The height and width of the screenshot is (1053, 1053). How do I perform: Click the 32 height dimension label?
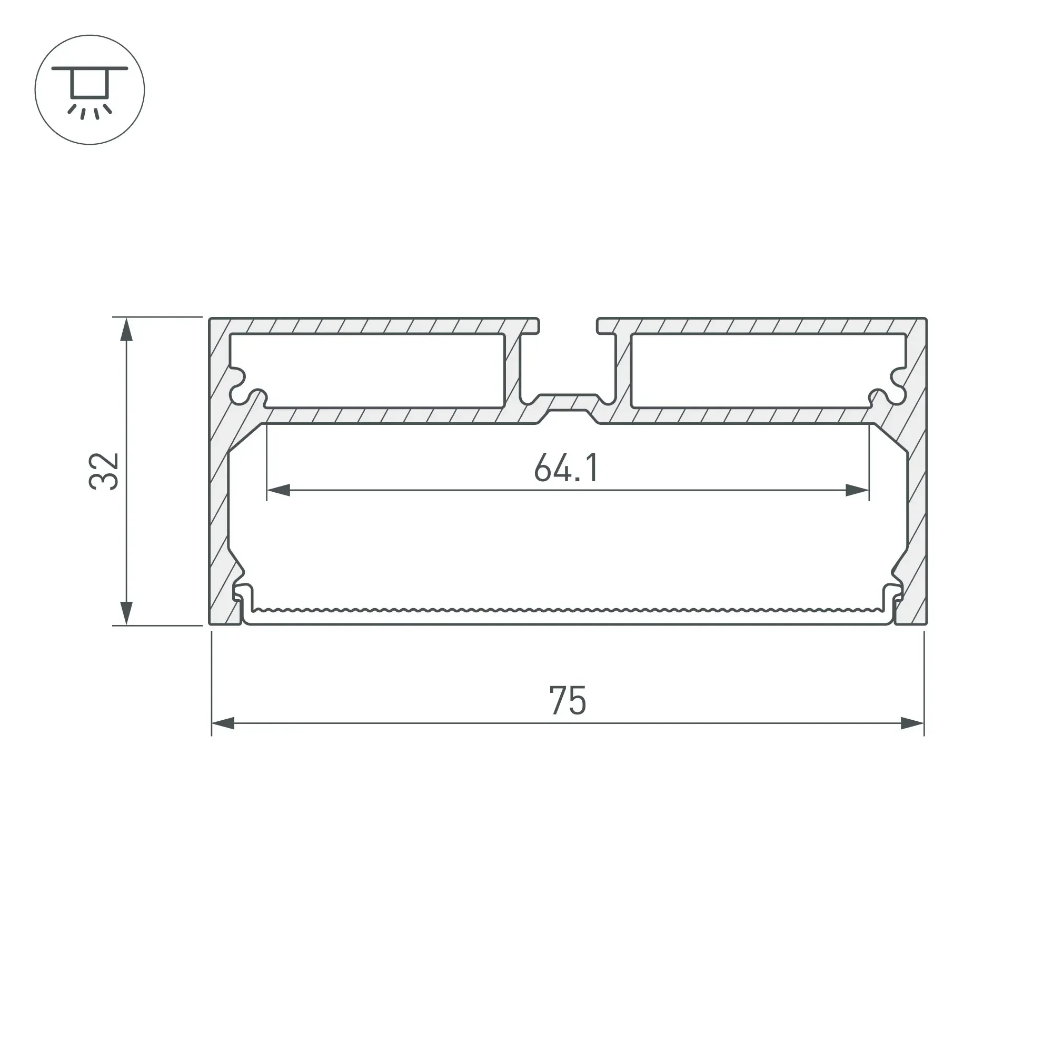[x=104, y=471]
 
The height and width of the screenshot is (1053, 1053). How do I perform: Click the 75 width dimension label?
[x=568, y=701]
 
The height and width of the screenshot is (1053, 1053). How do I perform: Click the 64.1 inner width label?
[x=567, y=468]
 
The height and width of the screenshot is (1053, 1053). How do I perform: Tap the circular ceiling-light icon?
[x=90, y=90]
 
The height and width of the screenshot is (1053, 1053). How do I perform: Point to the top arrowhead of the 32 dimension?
[x=126, y=330]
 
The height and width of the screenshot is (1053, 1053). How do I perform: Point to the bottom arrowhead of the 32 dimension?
[x=126, y=613]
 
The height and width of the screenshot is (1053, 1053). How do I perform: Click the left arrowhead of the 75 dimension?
[x=223, y=724]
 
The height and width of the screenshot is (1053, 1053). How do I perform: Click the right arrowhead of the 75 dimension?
[x=912, y=724]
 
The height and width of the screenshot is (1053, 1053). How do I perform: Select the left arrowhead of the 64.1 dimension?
[x=278, y=490]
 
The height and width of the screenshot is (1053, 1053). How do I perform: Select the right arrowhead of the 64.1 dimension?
[x=857, y=490]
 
